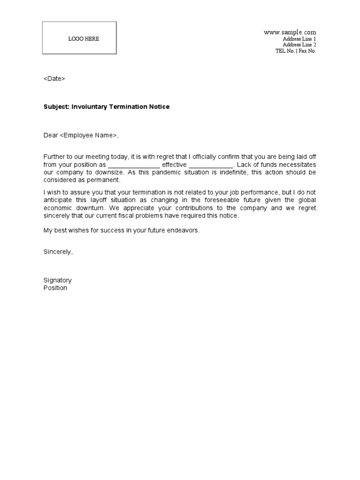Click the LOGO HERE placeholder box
click(79, 38)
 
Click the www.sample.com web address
click(290, 32)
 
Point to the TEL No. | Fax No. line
click(295, 51)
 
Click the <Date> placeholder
click(54, 79)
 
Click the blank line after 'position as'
click(134, 165)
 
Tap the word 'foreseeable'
click(213, 200)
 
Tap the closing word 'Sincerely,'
click(58, 252)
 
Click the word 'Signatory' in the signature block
click(58, 280)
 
